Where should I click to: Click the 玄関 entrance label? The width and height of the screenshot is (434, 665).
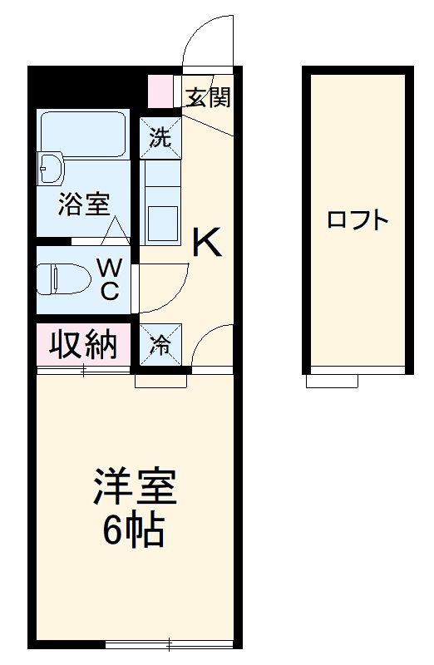click(x=208, y=97)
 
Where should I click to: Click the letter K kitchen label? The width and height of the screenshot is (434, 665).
click(x=207, y=243)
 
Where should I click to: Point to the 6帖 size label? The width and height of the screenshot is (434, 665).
click(x=133, y=530)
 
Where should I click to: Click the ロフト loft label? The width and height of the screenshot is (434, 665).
click(x=358, y=220)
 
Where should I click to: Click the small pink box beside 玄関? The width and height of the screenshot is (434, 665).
click(x=157, y=91)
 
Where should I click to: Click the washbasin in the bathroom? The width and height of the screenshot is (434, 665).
click(x=52, y=168)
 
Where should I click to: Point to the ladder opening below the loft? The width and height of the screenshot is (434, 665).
click(x=332, y=381)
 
